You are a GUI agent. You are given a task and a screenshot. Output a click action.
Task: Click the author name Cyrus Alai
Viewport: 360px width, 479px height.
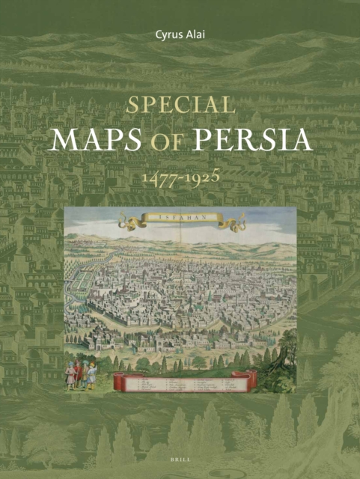(180, 34)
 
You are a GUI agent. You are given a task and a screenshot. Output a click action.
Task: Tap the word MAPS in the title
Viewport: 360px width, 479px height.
(95, 141)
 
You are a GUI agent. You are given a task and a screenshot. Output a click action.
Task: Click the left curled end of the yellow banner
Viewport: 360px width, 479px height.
(126, 222)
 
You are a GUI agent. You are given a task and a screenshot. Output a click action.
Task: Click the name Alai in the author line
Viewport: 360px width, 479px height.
(198, 34)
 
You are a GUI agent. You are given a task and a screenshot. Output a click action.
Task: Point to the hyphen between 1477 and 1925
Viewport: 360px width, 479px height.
(180, 180)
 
